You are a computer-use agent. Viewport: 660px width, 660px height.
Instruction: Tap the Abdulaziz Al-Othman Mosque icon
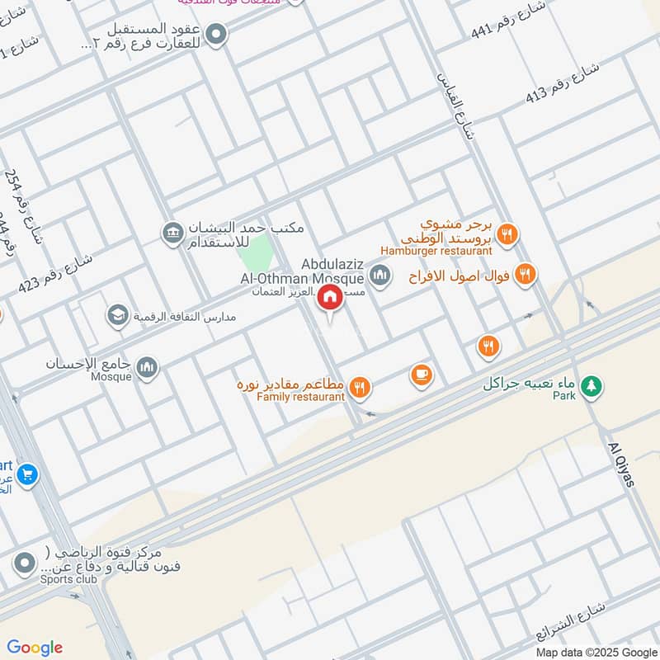379,275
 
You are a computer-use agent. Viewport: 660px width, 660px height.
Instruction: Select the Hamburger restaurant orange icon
508,234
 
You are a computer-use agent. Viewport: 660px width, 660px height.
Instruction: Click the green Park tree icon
591,384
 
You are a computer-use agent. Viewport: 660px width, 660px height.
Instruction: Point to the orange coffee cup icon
422,375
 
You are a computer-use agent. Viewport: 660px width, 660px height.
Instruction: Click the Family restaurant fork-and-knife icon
360,386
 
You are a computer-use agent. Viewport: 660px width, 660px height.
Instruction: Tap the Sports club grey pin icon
25,564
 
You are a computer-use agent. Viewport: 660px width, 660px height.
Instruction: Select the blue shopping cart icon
27,474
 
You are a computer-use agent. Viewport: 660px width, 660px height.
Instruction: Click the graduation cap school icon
118,315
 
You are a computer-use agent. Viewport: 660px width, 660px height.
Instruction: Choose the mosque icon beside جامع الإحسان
148,367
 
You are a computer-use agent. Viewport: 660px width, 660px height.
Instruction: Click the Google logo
35,647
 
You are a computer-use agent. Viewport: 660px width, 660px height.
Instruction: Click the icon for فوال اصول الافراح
525,274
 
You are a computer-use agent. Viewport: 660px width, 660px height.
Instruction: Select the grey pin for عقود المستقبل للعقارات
216,35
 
